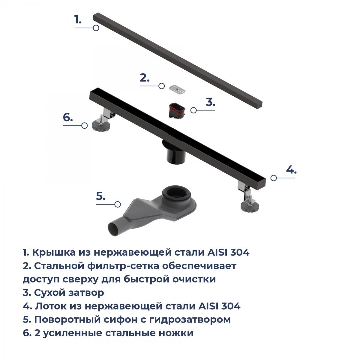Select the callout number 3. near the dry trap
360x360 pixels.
211,102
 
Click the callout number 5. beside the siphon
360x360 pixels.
101,196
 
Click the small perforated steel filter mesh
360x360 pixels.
177,89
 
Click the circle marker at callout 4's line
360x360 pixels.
274,178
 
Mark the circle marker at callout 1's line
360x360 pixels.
96,28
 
